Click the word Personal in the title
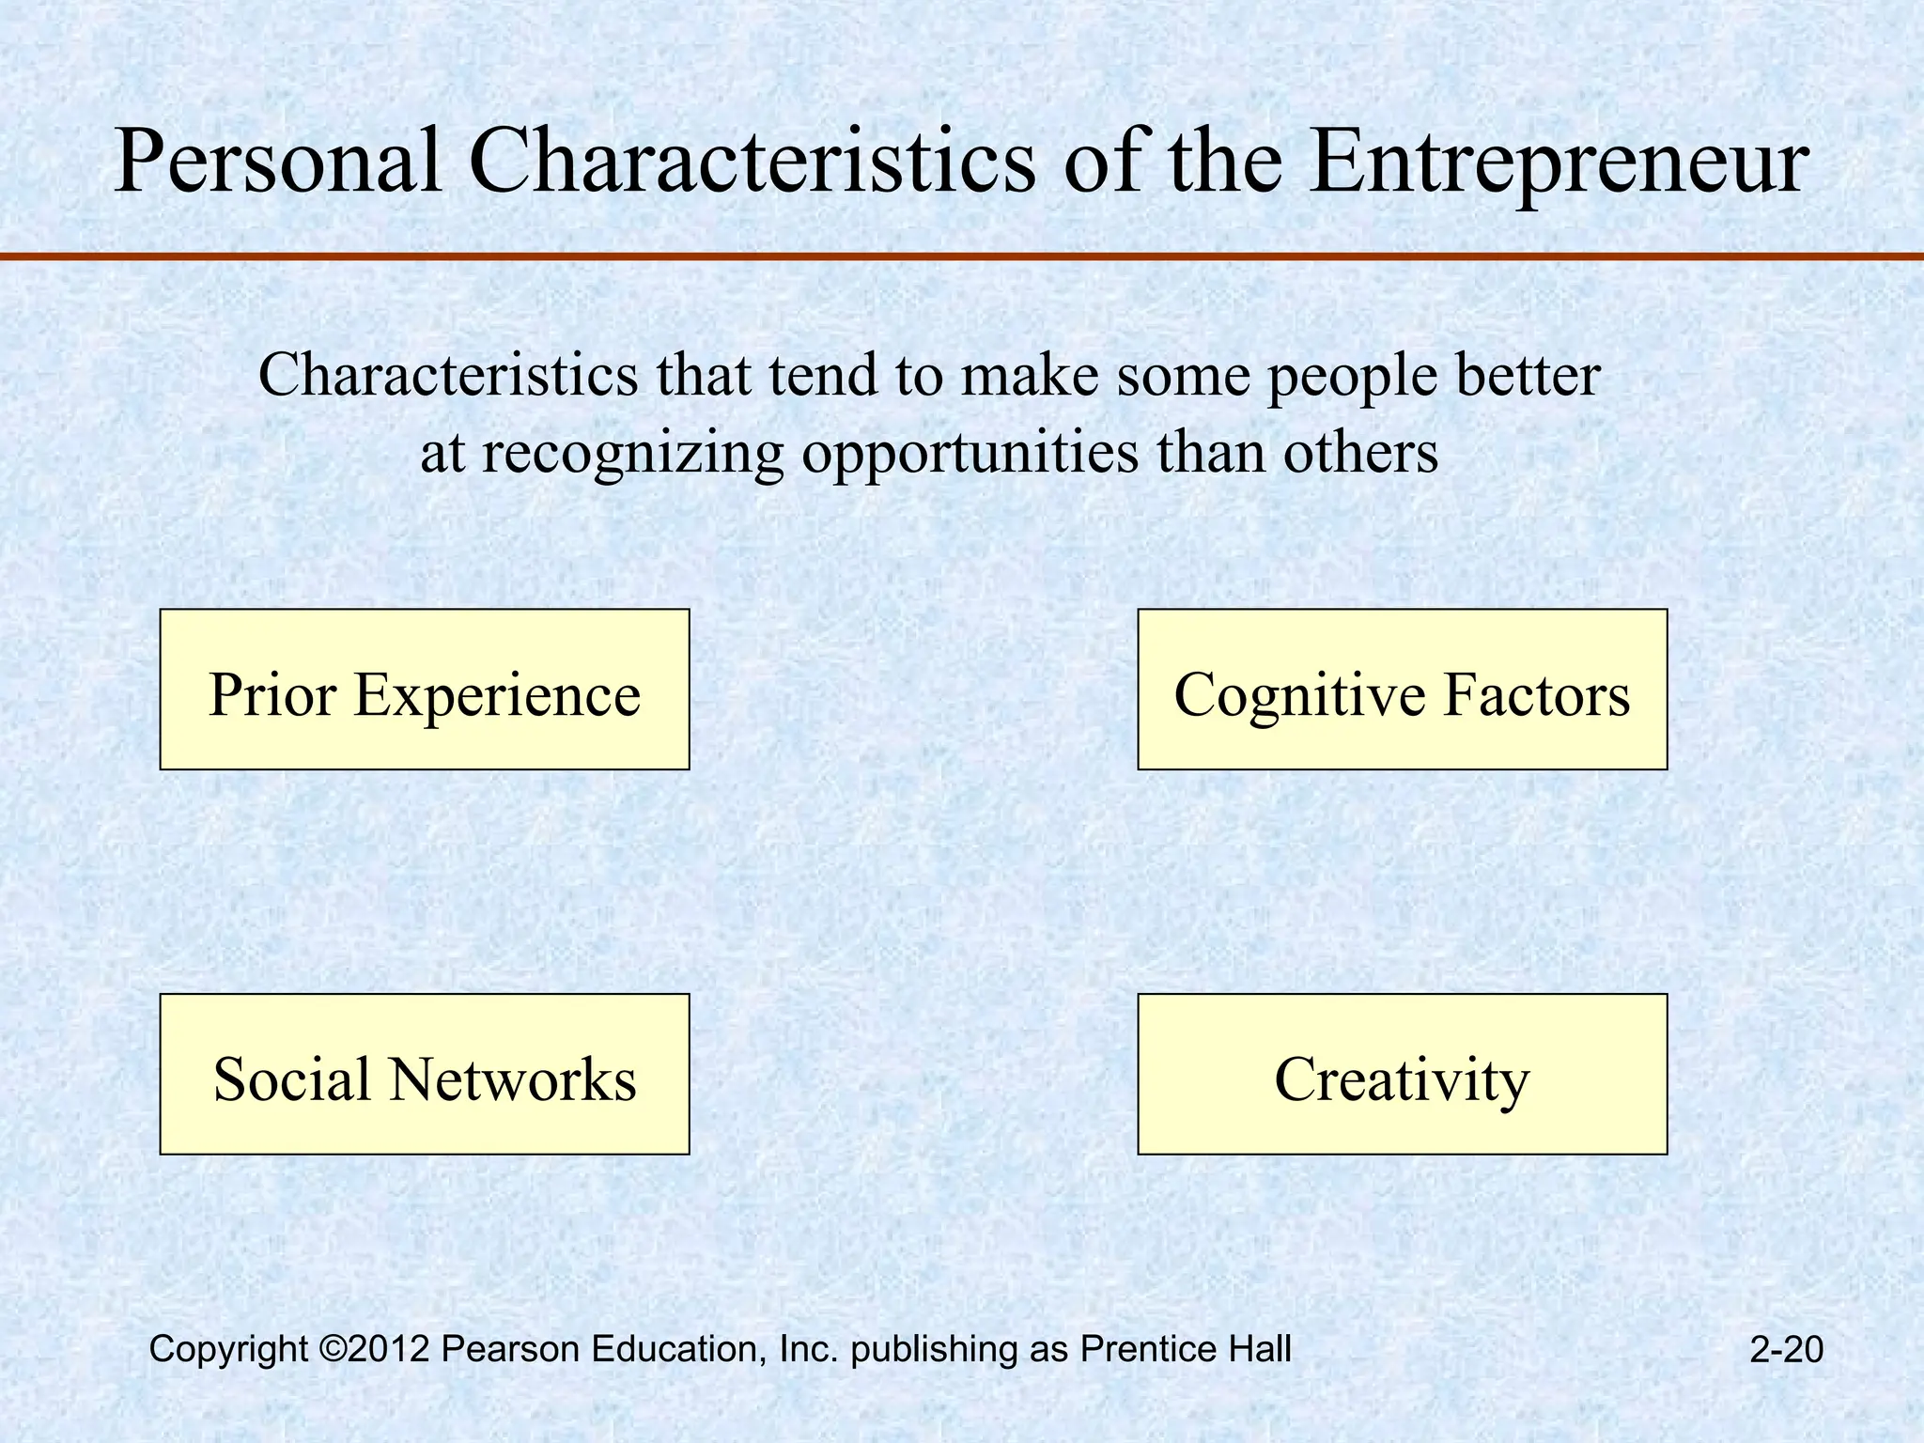pos(278,162)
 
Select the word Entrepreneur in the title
pos(1557,162)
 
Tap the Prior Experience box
pos(425,690)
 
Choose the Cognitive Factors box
pos(1402,690)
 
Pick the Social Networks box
pos(425,1074)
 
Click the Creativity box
pos(1402,1074)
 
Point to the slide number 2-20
pos(1786,1350)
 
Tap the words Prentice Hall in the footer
pos(1186,1349)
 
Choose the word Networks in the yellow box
pos(513,1078)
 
